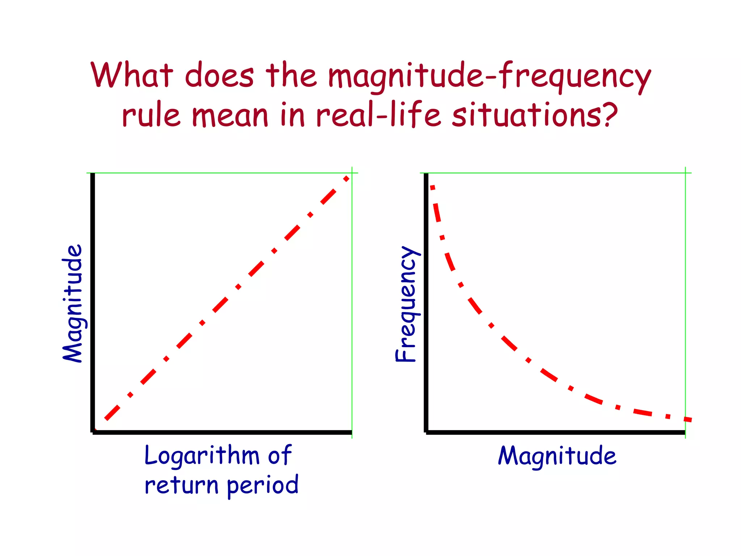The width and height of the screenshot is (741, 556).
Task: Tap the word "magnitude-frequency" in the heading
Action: (x=489, y=77)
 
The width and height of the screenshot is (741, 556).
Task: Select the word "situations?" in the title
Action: (x=535, y=115)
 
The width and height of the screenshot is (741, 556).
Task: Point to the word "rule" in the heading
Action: (x=151, y=115)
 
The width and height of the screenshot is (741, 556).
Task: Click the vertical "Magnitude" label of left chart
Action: (x=73, y=303)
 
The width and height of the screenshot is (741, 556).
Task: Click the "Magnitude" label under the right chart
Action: (x=557, y=456)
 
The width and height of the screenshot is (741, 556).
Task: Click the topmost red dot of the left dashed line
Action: (x=346, y=178)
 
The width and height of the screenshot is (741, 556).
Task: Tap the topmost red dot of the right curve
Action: (x=432, y=187)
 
